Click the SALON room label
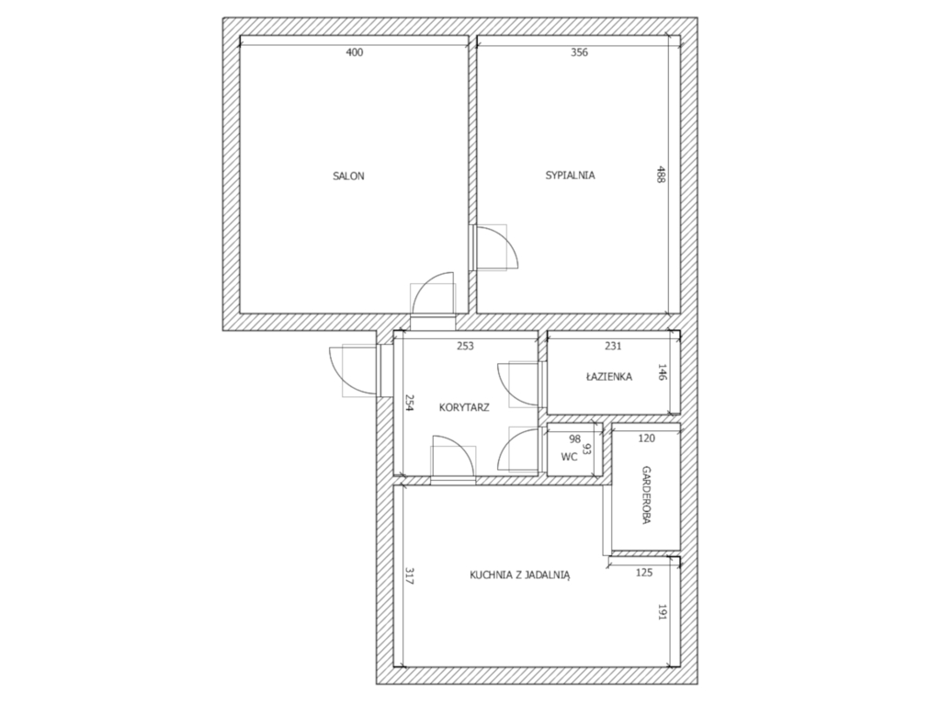348,176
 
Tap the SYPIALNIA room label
570,176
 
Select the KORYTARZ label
464,407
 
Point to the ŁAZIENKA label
609,376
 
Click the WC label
569,457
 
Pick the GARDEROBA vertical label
646,495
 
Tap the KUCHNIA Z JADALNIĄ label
520,575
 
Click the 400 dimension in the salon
355,52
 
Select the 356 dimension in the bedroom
579,52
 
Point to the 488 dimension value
661,174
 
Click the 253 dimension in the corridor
465,346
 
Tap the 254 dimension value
409,403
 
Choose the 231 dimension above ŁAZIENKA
613,346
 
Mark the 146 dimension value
663,372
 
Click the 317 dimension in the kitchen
409,576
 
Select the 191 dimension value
663,611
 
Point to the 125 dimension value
644,573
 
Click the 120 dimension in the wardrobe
646,438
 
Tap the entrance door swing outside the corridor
336,376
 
